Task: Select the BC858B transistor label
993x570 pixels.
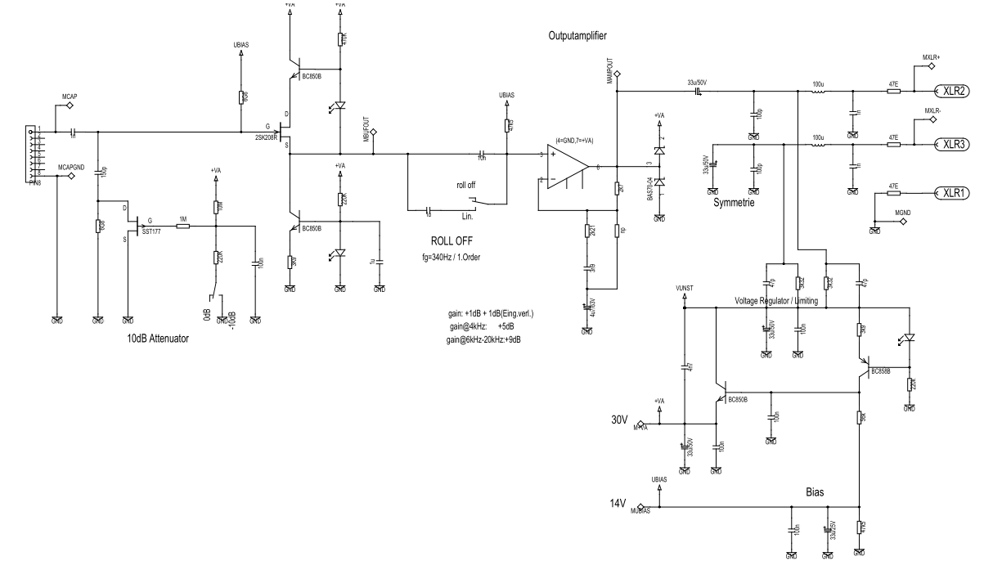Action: pos(882,370)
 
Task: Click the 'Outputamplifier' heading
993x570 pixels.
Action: pos(578,37)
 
